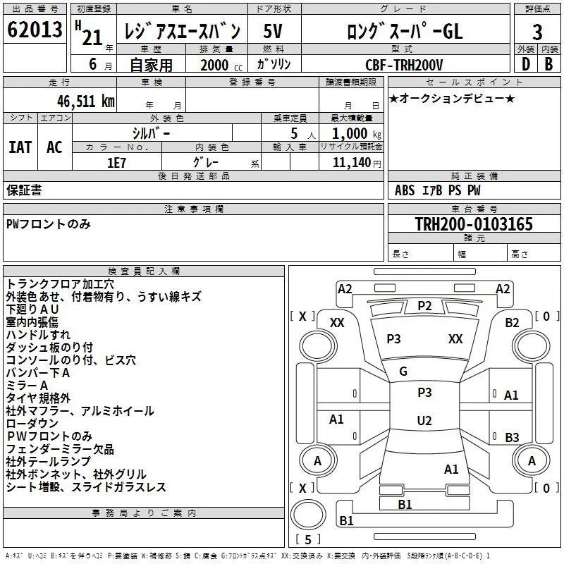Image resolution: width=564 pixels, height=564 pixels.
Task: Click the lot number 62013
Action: pyautogui.click(x=35, y=30)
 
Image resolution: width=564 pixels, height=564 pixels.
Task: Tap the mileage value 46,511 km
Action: pyautogui.click(x=85, y=102)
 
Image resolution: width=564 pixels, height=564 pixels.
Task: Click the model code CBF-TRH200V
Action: pyautogui.click(x=404, y=65)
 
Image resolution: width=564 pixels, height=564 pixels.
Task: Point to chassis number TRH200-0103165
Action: pyautogui.click(x=474, y=224)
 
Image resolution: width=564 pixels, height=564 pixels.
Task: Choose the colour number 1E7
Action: pyautogui.click(x=116, y=163)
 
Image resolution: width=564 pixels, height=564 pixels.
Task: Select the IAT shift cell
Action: pyautogui.click(x=20, y=147)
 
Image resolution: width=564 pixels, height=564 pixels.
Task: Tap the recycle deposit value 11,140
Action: pyautogui.click(x=352, y=163)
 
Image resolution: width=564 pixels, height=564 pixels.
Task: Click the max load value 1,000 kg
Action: pyautogui.click(x=357, y=134)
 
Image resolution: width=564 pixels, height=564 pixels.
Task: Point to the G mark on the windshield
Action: pyautogui.click(x=403, y=372)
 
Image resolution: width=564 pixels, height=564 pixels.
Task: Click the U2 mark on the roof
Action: pyautogui.click(x=424, y=420)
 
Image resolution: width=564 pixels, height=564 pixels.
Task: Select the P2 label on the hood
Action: pyautogui.click(x=424, y=306)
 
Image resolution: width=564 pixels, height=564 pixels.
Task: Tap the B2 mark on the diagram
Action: pyautogui.click(x=512, y=323)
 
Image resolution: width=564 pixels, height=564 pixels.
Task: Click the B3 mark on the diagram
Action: pyautogui.click(x=512, y=437)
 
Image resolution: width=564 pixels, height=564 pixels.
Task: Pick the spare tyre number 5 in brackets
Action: pyautogui.click(x=308, y=539)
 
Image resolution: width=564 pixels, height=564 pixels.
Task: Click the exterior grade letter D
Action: pyautogui.click(x=526, y=64)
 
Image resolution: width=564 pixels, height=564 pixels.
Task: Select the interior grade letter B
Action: pyautogui.click(x=548, y=64)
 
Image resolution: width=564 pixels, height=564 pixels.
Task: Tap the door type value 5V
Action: pyautogui.click(x=273, y=31)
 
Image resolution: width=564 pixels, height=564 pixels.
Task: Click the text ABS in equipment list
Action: pyautogui.click(x=405, y=190)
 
